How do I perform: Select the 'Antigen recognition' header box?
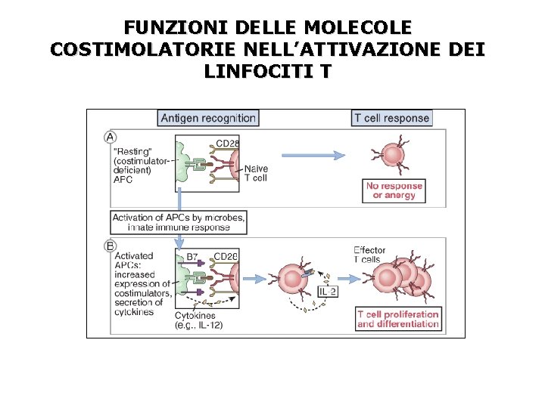208,118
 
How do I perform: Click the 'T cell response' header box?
391,118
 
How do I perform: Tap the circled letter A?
110,138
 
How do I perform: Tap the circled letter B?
110,246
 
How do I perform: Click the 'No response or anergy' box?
394,190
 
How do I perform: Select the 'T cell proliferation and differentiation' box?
398,320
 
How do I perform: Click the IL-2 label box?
328,292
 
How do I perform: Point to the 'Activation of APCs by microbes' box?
179,222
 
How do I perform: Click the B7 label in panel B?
194,257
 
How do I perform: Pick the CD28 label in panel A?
228,144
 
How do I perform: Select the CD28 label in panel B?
226,257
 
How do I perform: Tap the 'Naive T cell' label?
255,173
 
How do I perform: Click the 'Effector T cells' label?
371,255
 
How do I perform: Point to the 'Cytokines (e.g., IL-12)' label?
198,320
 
